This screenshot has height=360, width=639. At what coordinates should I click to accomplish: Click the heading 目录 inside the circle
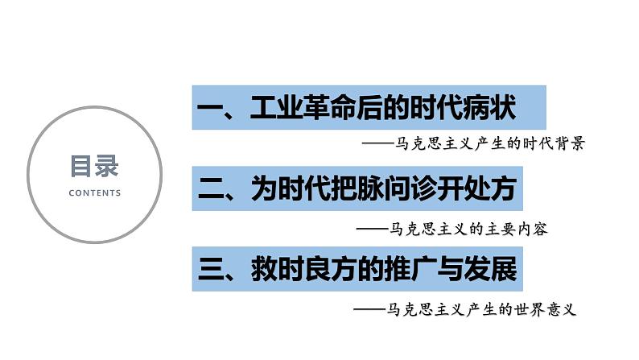(x=94, y=168)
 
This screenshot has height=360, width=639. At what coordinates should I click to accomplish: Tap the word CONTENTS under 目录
(x=95, y=193)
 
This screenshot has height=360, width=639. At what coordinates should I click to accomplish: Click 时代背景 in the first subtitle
(x=555, y=145)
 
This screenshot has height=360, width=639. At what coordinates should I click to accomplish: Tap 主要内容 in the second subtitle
(x=521, y=229)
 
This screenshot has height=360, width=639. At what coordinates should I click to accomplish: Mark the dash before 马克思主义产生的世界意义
(x=369, y=309)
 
